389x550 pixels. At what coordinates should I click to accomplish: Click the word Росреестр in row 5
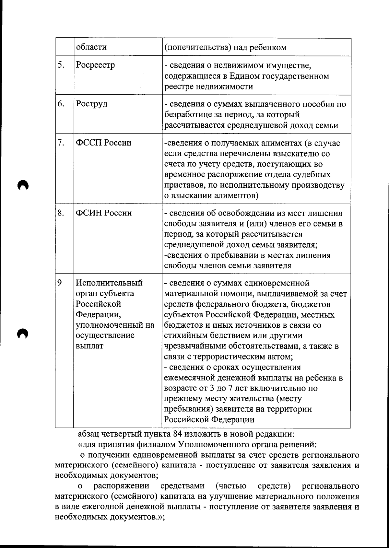click(95, 65)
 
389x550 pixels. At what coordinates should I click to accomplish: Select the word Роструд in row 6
click(91, 104)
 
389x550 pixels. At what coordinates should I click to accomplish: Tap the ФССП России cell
click(103, 143)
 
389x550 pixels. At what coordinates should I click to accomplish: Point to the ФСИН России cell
click(104, 213)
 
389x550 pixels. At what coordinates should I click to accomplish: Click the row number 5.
click(61, 65)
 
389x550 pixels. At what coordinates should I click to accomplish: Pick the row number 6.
click(61, 104)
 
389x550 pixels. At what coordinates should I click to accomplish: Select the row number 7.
click(61, 143)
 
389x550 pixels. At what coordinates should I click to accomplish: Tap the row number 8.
click(61, 213)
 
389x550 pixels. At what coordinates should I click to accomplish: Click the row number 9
click(60, 283)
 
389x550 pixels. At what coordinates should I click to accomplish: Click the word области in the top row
click(91, 47)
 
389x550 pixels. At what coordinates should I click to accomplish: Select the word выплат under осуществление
click(89, 346)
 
